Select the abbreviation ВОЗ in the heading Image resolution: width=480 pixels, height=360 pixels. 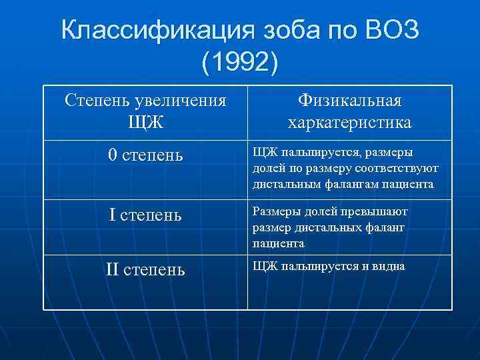[x=392, y=31]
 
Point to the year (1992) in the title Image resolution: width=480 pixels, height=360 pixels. [x=240, y=65]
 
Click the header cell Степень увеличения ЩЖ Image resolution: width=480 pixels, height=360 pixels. [x=145, y=111]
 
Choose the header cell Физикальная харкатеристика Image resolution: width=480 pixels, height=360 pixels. [x=349, y=111]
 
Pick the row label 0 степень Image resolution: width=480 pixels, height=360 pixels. [x=145, y=155]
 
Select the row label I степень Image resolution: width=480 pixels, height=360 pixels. [x=145, y=215]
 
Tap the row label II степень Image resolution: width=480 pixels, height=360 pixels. [x=145, y=270]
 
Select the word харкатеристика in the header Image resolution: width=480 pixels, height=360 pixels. [x=349, y=123]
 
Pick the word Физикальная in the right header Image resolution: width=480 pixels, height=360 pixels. [x=349, y=101]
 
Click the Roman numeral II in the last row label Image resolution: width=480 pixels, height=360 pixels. [x=112, y=270]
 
